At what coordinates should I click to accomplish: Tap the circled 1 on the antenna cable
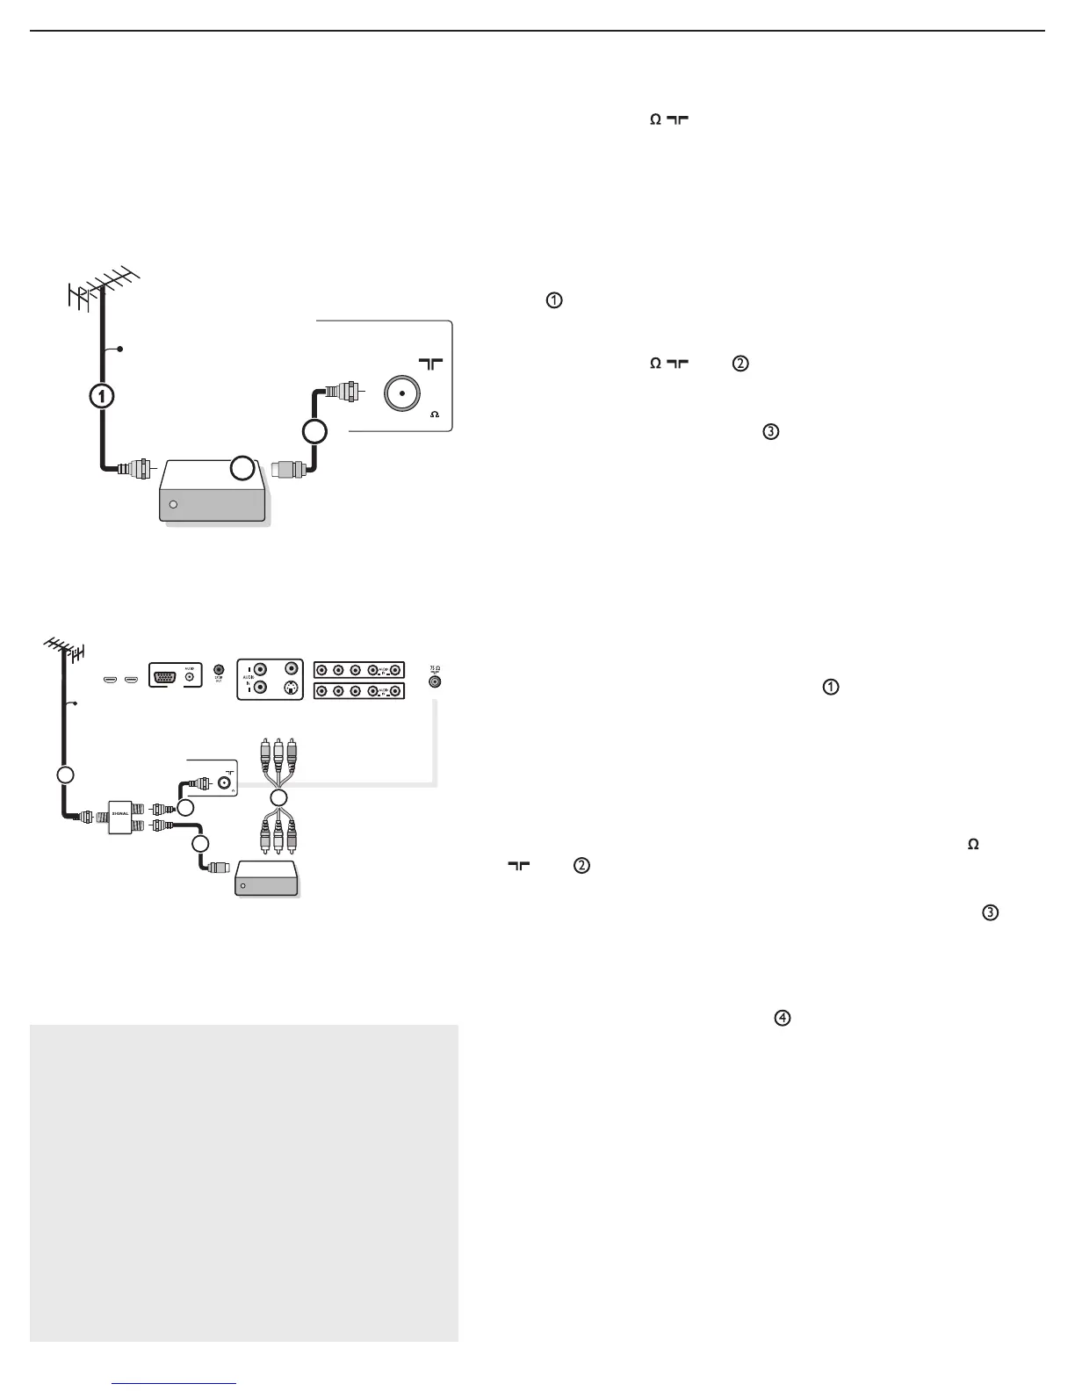pos(103,396)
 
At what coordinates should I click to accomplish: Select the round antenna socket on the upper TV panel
pos(401,393)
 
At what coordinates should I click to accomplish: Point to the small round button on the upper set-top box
pos(173,505)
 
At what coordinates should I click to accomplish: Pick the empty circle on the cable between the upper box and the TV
pos(314,431)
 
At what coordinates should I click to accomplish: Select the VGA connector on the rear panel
pos(164,678)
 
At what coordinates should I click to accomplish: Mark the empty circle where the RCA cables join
pos(278,798)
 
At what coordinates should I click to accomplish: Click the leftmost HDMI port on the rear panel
pos(110,680)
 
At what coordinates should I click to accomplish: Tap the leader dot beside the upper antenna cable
pos(120,350)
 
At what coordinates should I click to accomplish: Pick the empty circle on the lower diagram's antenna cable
pos(63,775)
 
